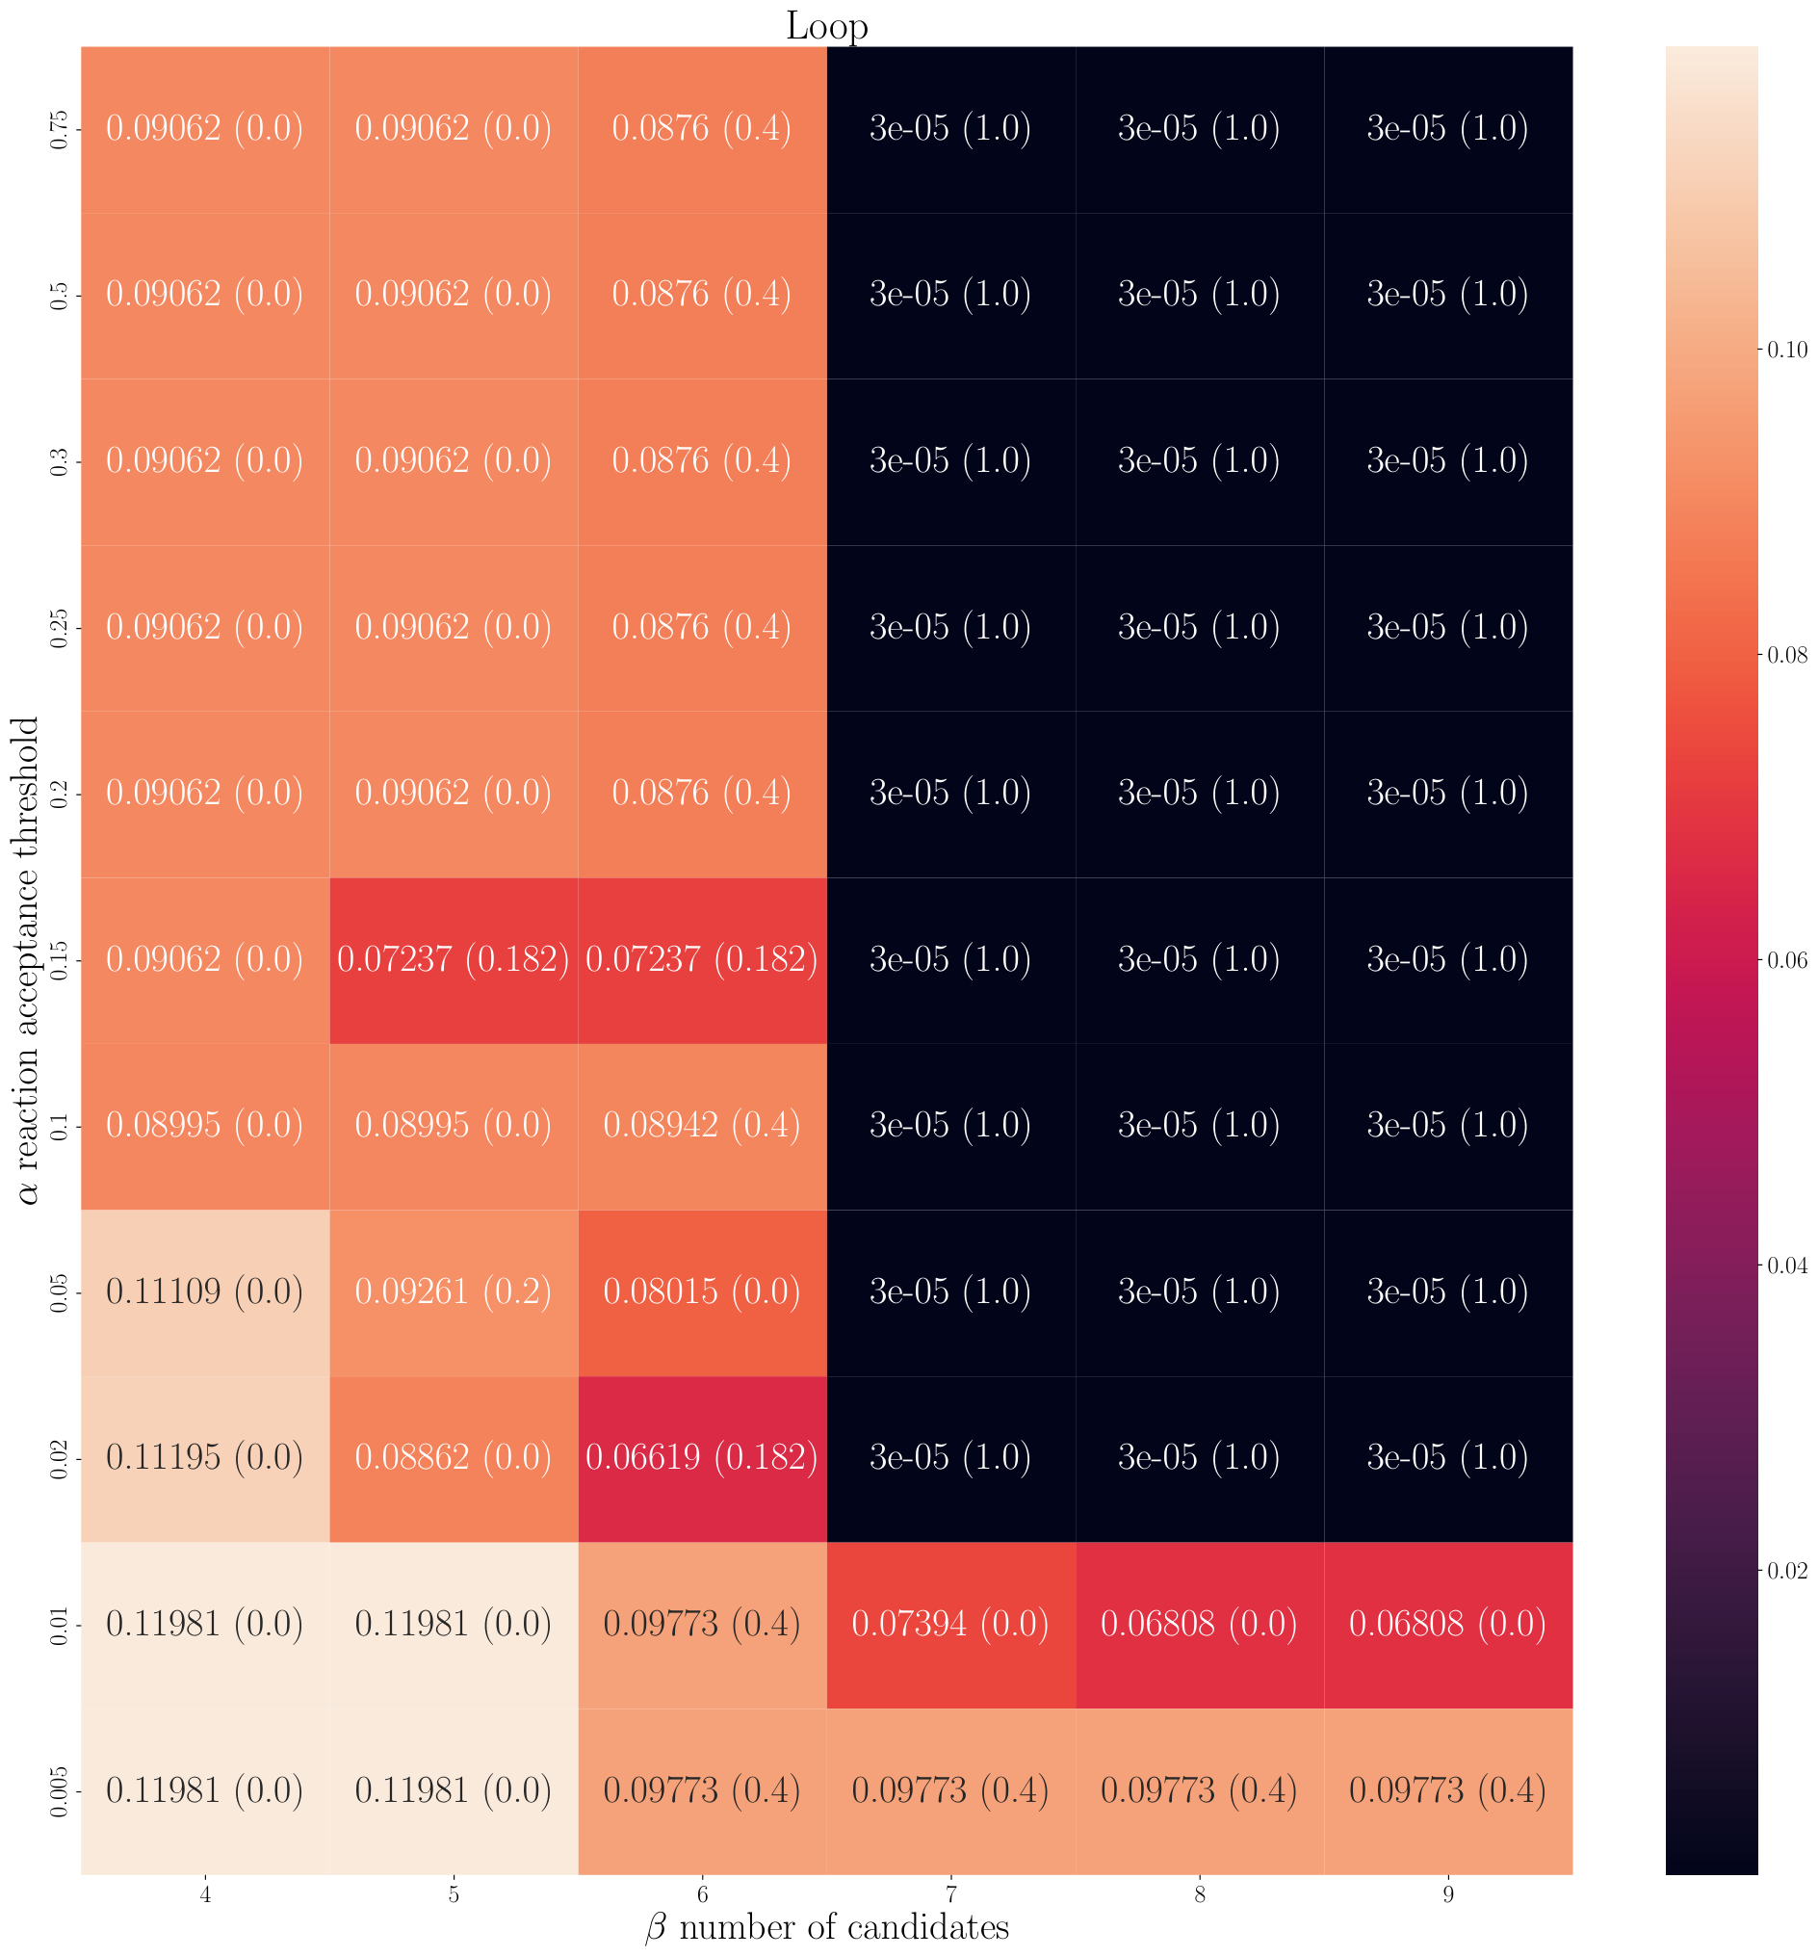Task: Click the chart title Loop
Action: coord(826,26)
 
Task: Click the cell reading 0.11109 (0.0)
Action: coord(205,1292)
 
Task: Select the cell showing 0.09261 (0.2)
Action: coord(454,1292)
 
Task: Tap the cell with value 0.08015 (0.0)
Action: coord(702,1292)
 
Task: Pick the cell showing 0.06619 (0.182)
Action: coord(702,1458)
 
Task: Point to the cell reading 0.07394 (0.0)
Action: coord(951,1625)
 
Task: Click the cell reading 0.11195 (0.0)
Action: coord(205,1458)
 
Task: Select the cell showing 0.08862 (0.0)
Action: coord(454,1458)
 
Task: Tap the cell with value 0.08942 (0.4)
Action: coord(702,1126)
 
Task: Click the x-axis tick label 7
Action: coord(951,1896)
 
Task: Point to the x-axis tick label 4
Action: coord(205,1896)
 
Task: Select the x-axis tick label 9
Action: coord(1448,1896)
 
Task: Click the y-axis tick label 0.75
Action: coord(59,129)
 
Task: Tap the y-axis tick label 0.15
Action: coord(59,959)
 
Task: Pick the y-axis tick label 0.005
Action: coord(59,1790)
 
